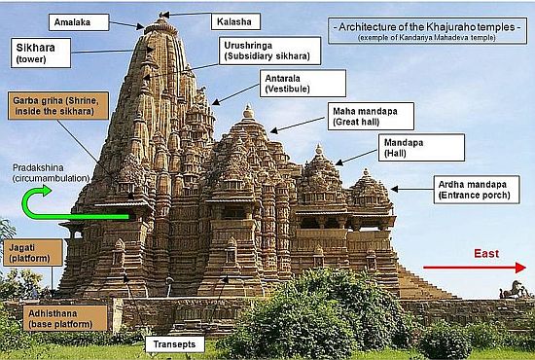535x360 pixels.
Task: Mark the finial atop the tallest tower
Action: pyautogui.click(x=162, y=14)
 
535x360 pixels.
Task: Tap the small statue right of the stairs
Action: pyautogui.click(x=513, y=289)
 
